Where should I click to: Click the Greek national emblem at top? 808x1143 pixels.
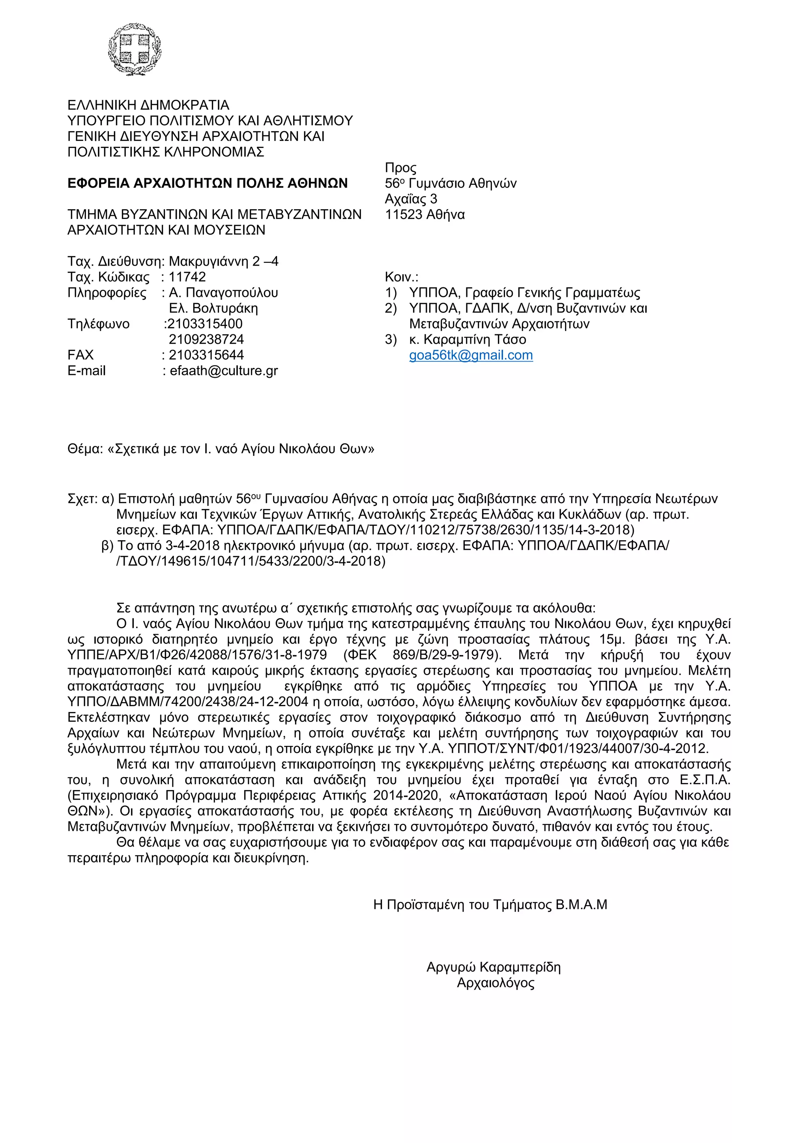[x=135, y=49]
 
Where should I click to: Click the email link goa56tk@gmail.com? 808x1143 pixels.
[x=471, y=356]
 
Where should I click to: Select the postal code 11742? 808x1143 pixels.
[x=187, y=277]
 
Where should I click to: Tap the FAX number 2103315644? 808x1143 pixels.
[x=206, y=356]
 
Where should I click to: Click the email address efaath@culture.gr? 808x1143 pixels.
[x=224, y=371]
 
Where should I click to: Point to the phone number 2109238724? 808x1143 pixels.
[x=206, y=339]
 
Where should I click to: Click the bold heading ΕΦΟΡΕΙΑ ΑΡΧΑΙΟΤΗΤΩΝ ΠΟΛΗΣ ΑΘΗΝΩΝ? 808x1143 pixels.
[x=208, y=184]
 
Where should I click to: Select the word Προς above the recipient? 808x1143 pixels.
[x=400, y=168]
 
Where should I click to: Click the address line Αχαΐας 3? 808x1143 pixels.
[x=411, y=199]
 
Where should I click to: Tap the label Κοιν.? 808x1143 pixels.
[x=402, y=277]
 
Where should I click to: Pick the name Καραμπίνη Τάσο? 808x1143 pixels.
[x=475, y=339]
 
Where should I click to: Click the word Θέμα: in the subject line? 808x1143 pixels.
[x=85, y=449]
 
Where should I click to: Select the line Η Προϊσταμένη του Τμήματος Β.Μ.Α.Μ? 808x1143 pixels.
[x=490, y=905]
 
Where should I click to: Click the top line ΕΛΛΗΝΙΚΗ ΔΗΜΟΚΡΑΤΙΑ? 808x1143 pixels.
[x=148, y=105]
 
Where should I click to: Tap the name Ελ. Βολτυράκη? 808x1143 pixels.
[x=213, y=309]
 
